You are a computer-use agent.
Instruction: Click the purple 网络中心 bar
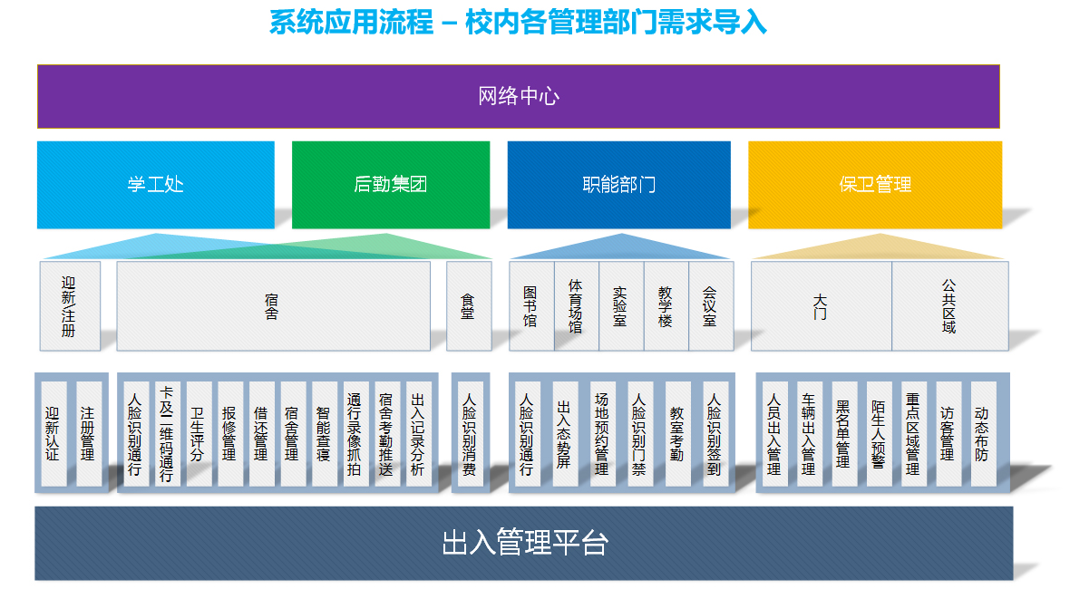(x=518, y=96)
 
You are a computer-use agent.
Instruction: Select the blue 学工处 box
(x=155, y=185)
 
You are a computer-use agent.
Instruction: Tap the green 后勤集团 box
(x=390, y=185)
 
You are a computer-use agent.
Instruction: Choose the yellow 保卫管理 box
(x=874, y=185)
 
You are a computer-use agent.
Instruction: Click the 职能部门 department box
(x=618, y=185)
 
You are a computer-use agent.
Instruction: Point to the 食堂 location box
(x=468, y=306)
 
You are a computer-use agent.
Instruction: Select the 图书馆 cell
(x=530, y=306)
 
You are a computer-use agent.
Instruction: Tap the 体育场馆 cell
(x=576, y=306)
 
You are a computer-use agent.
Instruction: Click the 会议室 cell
(x=710, y=306)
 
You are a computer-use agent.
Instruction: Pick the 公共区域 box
(x=949, y=306)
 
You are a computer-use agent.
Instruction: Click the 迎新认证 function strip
(x=53, y=433)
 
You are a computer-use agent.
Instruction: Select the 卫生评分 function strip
(x=198, y=433)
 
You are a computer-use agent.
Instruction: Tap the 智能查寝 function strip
(x=323, y=433)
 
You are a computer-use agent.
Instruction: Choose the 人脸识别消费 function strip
(x=469, y=433)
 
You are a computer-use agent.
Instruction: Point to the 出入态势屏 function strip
(x=563, y=433)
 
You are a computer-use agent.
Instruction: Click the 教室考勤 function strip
(x=676, y=433)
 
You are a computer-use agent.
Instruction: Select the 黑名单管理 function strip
(x=842, y=433)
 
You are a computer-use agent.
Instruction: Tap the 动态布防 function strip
(x=982, y=433)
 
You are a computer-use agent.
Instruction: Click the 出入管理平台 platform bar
(x=524, y=543)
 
